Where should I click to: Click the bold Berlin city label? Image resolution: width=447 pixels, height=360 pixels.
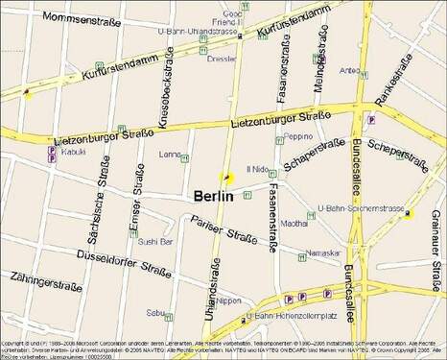pos(213,196)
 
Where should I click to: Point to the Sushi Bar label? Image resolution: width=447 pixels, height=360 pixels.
pos(154,242)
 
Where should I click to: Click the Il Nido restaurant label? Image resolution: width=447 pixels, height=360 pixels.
pos(259,169)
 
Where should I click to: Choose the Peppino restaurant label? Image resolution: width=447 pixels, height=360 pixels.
pos(298,136)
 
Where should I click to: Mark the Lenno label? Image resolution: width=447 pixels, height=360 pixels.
pos(170,154)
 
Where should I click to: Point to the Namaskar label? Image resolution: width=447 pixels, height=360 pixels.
pos(318,252)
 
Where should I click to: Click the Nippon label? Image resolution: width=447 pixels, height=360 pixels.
pos(229,300)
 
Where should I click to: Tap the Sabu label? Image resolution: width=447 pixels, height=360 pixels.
pos(155,312)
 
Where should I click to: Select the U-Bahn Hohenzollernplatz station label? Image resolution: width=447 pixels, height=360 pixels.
pos(284,315)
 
